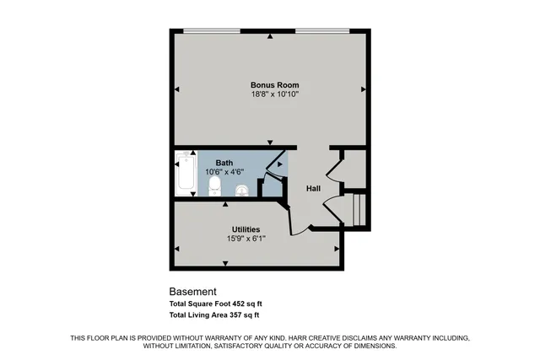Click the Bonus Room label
point(275,85)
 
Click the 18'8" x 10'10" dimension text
point(275,94)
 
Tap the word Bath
point(224,163)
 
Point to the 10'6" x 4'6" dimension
point(224,172)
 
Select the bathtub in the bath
point(184,174)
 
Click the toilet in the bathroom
point(214,186)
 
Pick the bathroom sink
point(242,190)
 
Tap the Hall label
point(313,188)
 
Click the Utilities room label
point(246,229)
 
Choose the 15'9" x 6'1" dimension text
point(246,239)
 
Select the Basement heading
point(193,292)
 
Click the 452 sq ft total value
point(256,304)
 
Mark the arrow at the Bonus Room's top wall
point(269,37)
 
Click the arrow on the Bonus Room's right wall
point(363,89)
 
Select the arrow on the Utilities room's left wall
point(177,250)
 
